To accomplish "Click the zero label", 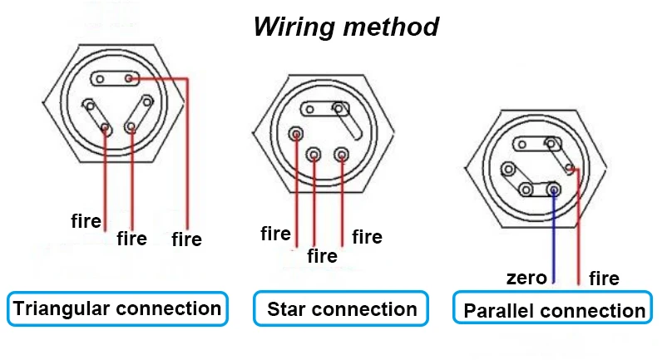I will [526, 277].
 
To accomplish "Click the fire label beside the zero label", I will [604, 278].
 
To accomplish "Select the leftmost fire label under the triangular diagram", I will [86, 222].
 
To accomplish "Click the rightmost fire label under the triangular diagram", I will [186, 239].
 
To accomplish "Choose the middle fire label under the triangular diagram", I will [131, 239].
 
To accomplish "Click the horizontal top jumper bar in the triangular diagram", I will [115, 79].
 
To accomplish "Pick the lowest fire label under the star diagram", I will [322, 255].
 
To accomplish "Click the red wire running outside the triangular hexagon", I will [188, 150].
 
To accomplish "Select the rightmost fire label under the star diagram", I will [367, 237].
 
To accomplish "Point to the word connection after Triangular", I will [169, 308].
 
